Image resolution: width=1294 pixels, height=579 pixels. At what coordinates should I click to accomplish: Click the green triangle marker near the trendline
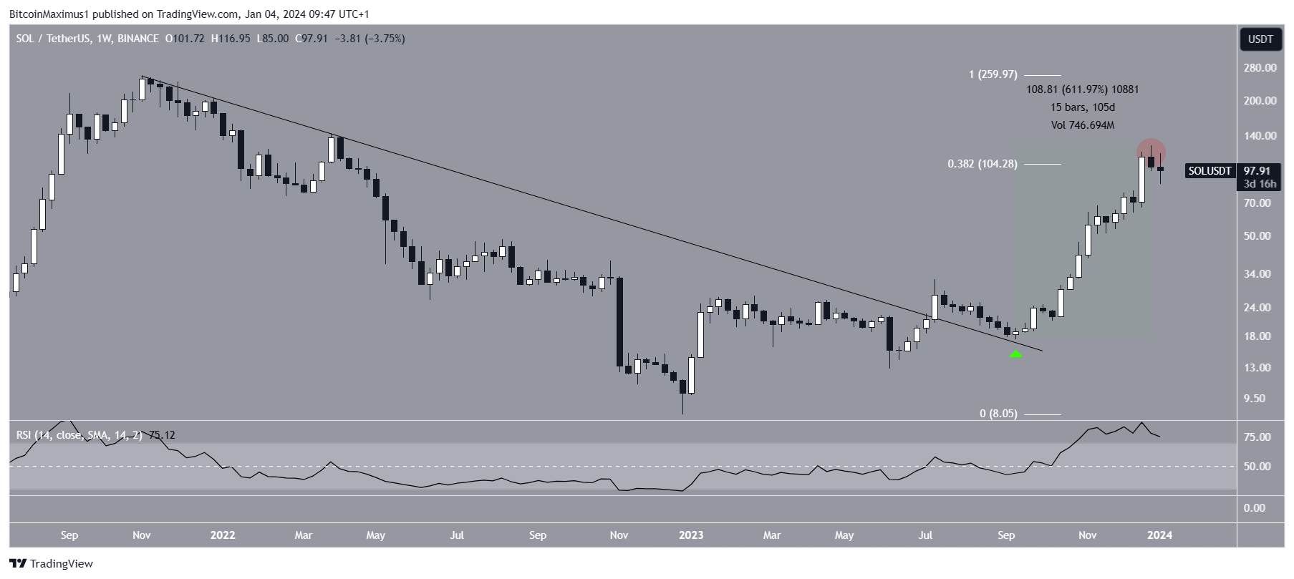click(x=1015, y=353)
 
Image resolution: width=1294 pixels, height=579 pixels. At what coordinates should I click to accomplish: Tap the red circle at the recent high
click(x=1151, y=152)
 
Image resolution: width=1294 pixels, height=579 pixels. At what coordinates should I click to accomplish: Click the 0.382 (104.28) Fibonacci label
click(x=982, y=164)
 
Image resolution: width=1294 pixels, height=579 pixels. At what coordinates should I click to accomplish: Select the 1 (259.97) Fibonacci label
click(x=993, y=74)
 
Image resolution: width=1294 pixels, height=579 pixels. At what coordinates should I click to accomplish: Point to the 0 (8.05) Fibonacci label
click(x=998, y=414)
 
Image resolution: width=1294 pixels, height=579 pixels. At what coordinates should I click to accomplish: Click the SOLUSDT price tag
click(x=1209, y=171)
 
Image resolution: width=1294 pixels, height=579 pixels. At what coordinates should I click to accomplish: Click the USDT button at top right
click(x=1260, y=39)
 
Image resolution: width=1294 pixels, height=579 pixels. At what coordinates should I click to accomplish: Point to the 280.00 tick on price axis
click(x=1260, y=68)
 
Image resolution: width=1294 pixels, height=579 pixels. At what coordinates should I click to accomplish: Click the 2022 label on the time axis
click(x=223, y=535)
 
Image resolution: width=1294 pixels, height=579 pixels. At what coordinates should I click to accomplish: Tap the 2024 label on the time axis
click(x=1159, y=535)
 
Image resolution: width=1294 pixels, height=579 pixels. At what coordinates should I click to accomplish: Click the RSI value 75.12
click(x=162, y=435)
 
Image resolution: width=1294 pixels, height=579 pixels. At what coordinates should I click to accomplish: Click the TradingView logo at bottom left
click(x=52, y=563)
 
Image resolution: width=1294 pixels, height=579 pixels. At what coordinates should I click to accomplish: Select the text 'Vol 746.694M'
click(x=1083, y=125)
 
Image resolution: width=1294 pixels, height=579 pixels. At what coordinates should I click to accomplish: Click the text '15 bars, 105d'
click(x=1083, y=107)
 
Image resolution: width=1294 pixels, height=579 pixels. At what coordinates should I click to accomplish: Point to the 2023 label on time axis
click(x=690, y=535)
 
